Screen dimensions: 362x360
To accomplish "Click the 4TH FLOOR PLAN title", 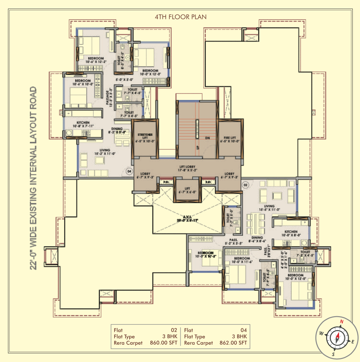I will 180,16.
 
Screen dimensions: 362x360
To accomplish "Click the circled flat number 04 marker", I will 130,171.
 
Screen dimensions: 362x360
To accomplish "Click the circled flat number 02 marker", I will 246,185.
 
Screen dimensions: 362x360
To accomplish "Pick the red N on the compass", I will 341,321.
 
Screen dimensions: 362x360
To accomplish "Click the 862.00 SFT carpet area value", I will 233,343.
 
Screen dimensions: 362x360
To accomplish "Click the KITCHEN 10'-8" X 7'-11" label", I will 83,124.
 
